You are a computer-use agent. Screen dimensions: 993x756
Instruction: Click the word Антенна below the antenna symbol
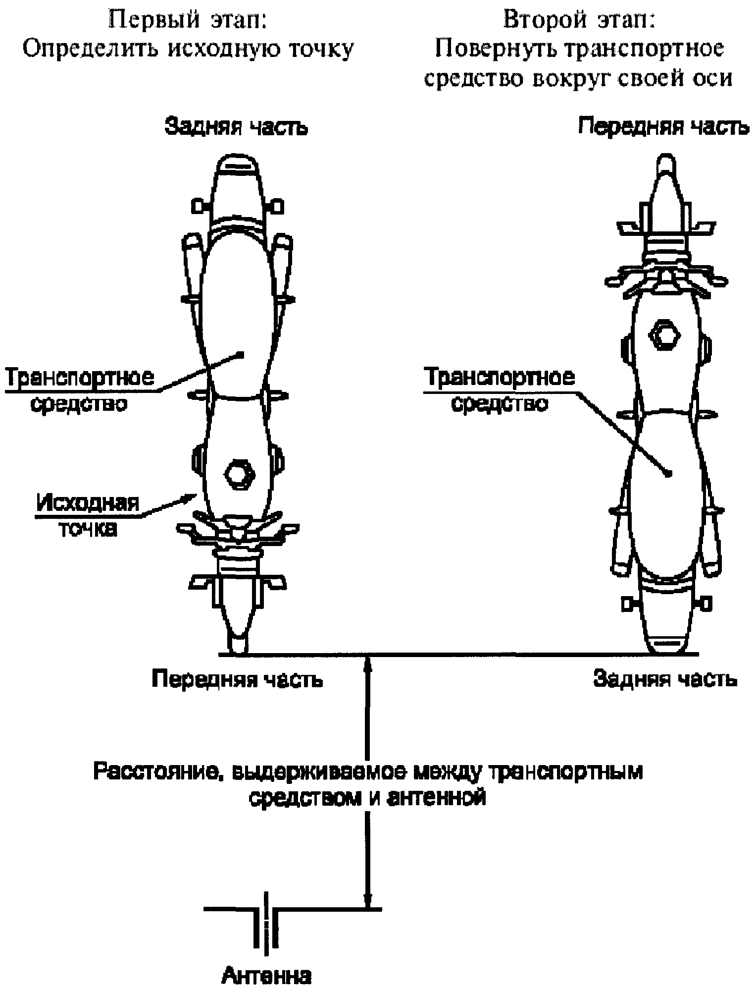(x=266, y=976)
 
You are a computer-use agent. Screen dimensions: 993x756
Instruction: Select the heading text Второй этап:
(x=579, y=21)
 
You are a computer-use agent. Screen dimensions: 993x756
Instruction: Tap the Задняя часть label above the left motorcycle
(x=236, y=127)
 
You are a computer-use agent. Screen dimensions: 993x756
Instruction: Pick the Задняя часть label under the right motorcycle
(x=665, y=679)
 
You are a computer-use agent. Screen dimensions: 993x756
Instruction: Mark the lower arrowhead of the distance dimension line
(x=367, y=899)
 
